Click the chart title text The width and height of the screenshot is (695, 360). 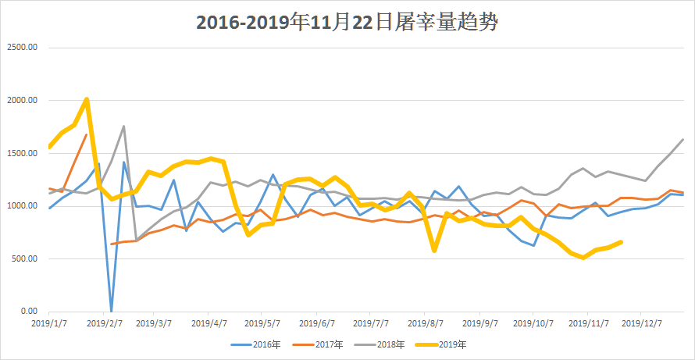tap(347, 23)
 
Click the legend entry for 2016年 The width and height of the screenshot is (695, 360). tap(257, 344)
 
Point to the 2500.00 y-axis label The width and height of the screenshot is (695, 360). tap(22, 47)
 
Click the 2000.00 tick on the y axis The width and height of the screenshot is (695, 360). tap(22, 100)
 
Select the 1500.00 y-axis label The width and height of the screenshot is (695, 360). tap(22, 153)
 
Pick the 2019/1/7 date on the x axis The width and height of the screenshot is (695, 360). tap(49, 322)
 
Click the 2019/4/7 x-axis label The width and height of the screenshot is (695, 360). tap(209, 322)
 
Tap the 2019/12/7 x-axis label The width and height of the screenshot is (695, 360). tap(641, 322)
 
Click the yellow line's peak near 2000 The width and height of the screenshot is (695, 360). tap(86, 99)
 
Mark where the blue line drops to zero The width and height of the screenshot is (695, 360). tap(111, 311)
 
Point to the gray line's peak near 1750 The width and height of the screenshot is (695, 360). tap(123, 127)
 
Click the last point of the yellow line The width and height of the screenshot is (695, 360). tap(621, 242)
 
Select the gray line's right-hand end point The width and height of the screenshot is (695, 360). tap(683, 140)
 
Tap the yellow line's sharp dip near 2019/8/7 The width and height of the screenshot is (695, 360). tap(434, 251)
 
